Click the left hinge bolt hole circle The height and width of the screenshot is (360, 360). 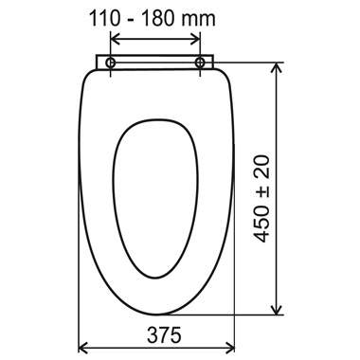click(110, 63)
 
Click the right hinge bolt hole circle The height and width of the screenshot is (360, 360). click(200, 63)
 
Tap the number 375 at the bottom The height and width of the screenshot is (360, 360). click(164, 335)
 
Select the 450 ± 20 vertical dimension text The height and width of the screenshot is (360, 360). click(261, 199)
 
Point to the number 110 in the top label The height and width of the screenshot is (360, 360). click(105, 19)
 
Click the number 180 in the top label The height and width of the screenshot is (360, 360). click(157, 19)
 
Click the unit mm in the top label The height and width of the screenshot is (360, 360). click(198, 20)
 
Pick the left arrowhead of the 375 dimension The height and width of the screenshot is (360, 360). click(82, 348)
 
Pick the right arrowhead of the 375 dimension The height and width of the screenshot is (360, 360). click(230, 348)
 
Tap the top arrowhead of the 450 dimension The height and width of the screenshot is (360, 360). click(277, 67)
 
